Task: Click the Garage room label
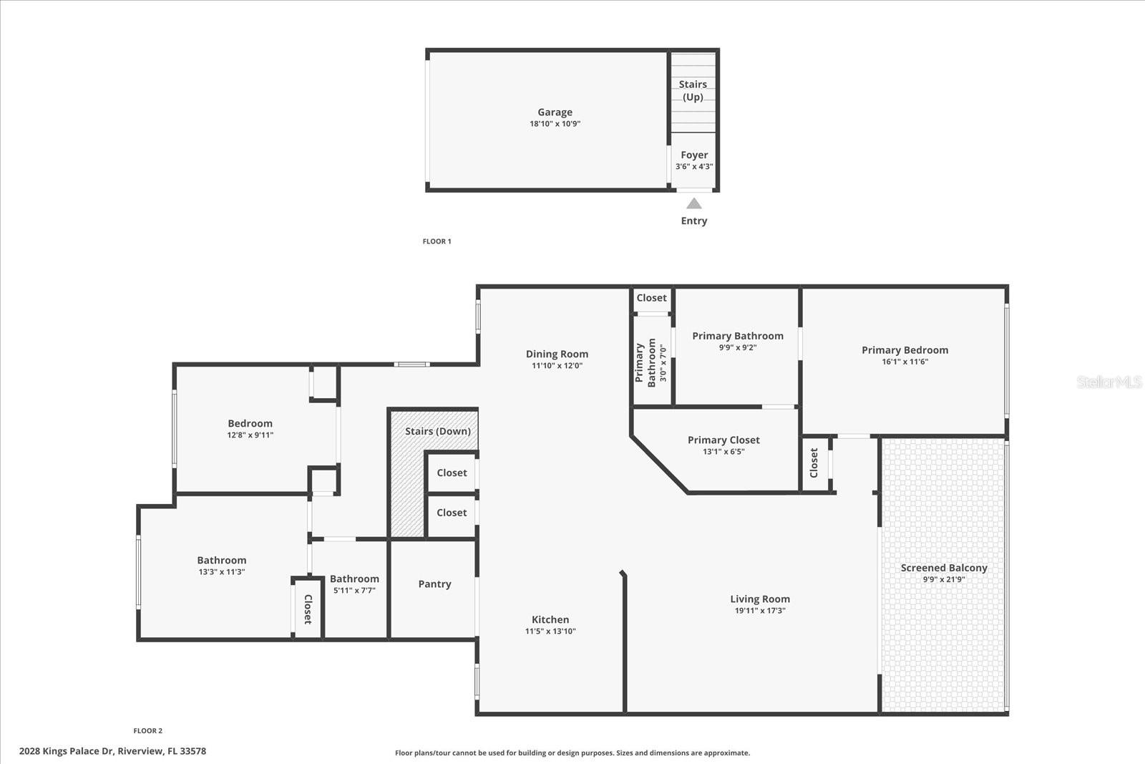coord(555,112)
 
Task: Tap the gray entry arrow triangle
coord(694,203)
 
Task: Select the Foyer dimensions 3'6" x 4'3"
coord(694,167)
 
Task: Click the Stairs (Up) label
coord(693,90)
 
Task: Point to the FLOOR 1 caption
coord(437,241)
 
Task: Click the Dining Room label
coord(557,354)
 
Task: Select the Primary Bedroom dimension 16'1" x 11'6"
coord(905,362)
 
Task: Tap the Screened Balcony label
coord(943,568)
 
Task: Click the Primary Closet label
coord(723,440)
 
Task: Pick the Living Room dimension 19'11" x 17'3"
coord(760,611)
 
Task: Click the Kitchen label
coord(550,620)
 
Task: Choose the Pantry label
coord(434,584)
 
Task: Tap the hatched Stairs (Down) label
coord(437,431)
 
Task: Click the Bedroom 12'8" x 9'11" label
coord(250,424)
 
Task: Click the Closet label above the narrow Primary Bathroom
coord(651,298)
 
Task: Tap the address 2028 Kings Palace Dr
coord(112,751)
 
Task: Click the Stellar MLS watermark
coord(1109,382)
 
